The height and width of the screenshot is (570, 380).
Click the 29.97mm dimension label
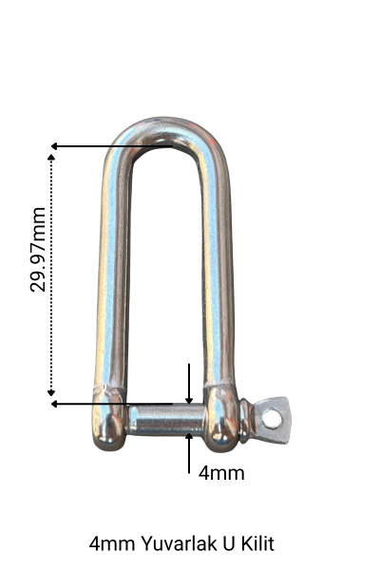point(39,249)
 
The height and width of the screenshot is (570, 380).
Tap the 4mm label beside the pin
point(221,471)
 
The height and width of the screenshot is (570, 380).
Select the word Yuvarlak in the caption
point(176,544)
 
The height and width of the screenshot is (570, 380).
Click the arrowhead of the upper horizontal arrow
point(55,146)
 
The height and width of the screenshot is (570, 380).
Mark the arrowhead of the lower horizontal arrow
point(55,404)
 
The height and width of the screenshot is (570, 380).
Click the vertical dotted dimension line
point(52,275)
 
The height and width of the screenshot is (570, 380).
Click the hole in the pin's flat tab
point(273,417)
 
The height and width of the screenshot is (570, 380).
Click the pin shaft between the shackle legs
point(166,418)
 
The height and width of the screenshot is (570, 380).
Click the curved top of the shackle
point(166,133)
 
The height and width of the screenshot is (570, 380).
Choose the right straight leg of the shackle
point(218,275)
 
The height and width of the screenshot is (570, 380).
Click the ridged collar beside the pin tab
point(246,420)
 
